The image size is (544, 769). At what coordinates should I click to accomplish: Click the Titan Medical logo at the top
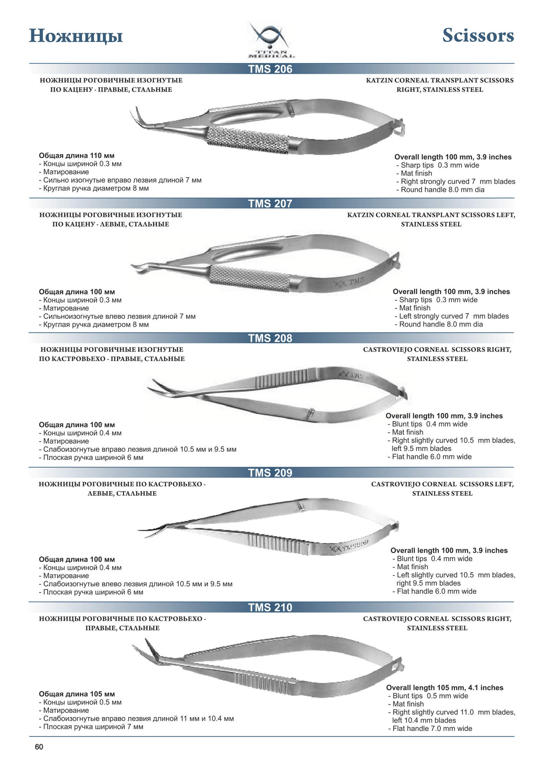click(271, 40)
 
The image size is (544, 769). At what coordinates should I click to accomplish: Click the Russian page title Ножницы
click(76, 37)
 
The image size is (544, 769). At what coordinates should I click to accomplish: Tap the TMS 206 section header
click(270, 69)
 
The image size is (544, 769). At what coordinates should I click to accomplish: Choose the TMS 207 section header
click(270, 204)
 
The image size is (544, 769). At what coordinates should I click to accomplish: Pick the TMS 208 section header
click(270, 338)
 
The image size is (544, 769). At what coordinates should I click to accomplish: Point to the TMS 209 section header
click(270, 473)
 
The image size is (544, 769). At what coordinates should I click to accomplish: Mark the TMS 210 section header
click(270, 608)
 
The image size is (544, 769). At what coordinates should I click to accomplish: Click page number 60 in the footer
click(39, 747)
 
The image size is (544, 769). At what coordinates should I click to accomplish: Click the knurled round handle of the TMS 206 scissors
click(248, 140)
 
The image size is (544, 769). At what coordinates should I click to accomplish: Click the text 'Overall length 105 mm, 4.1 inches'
click(445, 688)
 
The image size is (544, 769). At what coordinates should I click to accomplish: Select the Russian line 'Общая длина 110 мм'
click(77, 156)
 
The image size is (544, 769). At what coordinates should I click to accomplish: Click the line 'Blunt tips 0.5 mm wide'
click(428, 696)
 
